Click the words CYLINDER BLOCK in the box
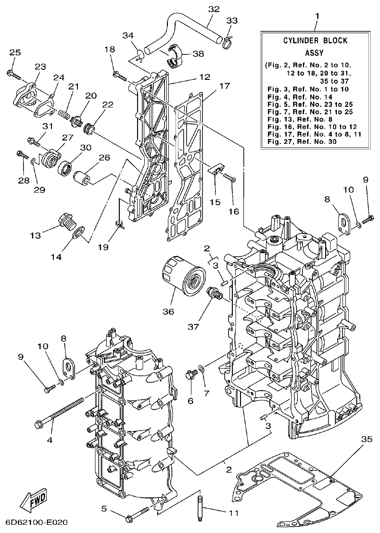(315, 41)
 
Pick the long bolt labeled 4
(60, 411)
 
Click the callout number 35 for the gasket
(367, 439)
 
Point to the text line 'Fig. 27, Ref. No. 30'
(301, 142)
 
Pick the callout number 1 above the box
(317, 16)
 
